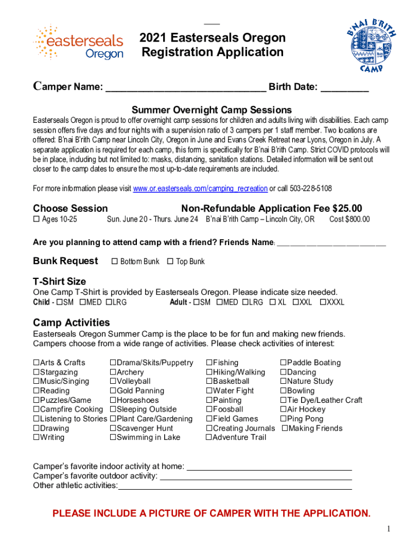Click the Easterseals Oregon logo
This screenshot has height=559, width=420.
point(78,42)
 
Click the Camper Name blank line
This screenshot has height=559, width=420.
point(185,89)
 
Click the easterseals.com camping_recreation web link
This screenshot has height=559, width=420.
point(200,188)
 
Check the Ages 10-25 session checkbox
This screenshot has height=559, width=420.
point(37,219)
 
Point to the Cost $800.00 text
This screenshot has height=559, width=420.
point(349,219)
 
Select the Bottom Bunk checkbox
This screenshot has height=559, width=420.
point(115,261)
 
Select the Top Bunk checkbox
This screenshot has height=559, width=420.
point(170,261)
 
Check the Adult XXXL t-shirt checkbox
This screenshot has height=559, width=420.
point(322,302)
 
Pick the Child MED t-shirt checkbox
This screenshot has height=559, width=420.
point(82,302)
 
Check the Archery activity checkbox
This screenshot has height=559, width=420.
point(113,372)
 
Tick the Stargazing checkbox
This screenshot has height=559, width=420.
point(37,372)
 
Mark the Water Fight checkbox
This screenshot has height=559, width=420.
point(209,391)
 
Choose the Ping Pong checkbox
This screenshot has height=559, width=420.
point(283,419)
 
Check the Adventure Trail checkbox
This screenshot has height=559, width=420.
point(209,437)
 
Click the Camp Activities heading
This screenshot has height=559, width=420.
point(71,322)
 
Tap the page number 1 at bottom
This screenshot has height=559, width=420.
point(388,528)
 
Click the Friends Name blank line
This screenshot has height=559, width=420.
point(331,242)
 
